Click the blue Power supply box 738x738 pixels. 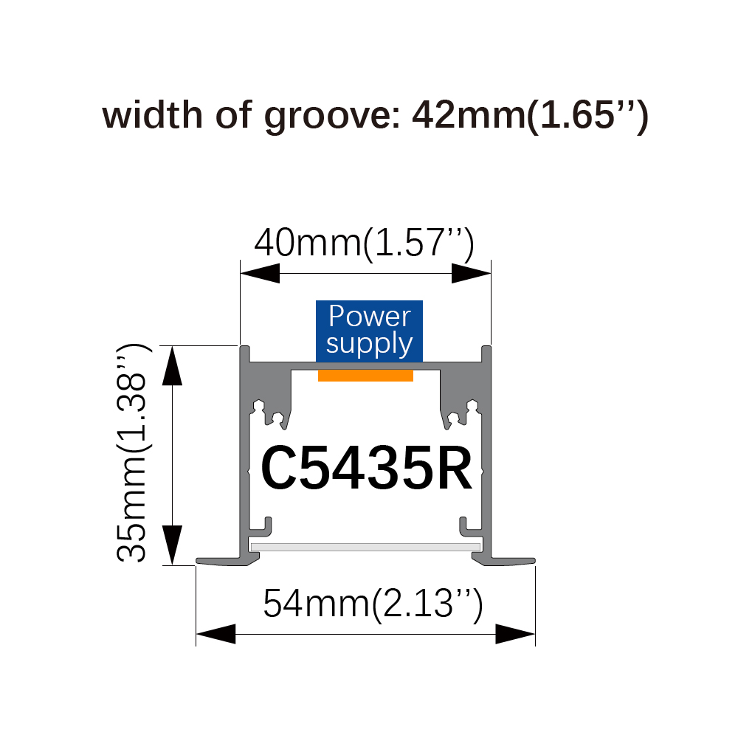(x=369, y=331)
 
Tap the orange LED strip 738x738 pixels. (x=366, y=375)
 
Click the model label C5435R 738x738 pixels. (x=366, y=469)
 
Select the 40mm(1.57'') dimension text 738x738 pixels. (x=365, y=244)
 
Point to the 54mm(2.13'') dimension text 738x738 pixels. (x=373, y=604)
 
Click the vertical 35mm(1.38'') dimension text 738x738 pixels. (x=133, y=453)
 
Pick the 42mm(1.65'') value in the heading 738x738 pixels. (x=531, y=116)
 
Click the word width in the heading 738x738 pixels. (x=153, y=114)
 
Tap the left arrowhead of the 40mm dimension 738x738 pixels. (x=260, y=273)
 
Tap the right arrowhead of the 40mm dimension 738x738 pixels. (x=471, y=273)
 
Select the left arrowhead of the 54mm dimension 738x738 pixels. (x=215, y=634)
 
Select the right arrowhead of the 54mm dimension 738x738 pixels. (x=515, y=634)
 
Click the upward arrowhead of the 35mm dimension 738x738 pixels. (x=172, y=366)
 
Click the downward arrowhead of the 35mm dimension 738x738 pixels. (x=172, y=545)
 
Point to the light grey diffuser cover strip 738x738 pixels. (x=366, y=547)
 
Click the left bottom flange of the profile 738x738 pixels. (x=227, y=560)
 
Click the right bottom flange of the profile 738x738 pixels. (x=503, y=560)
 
